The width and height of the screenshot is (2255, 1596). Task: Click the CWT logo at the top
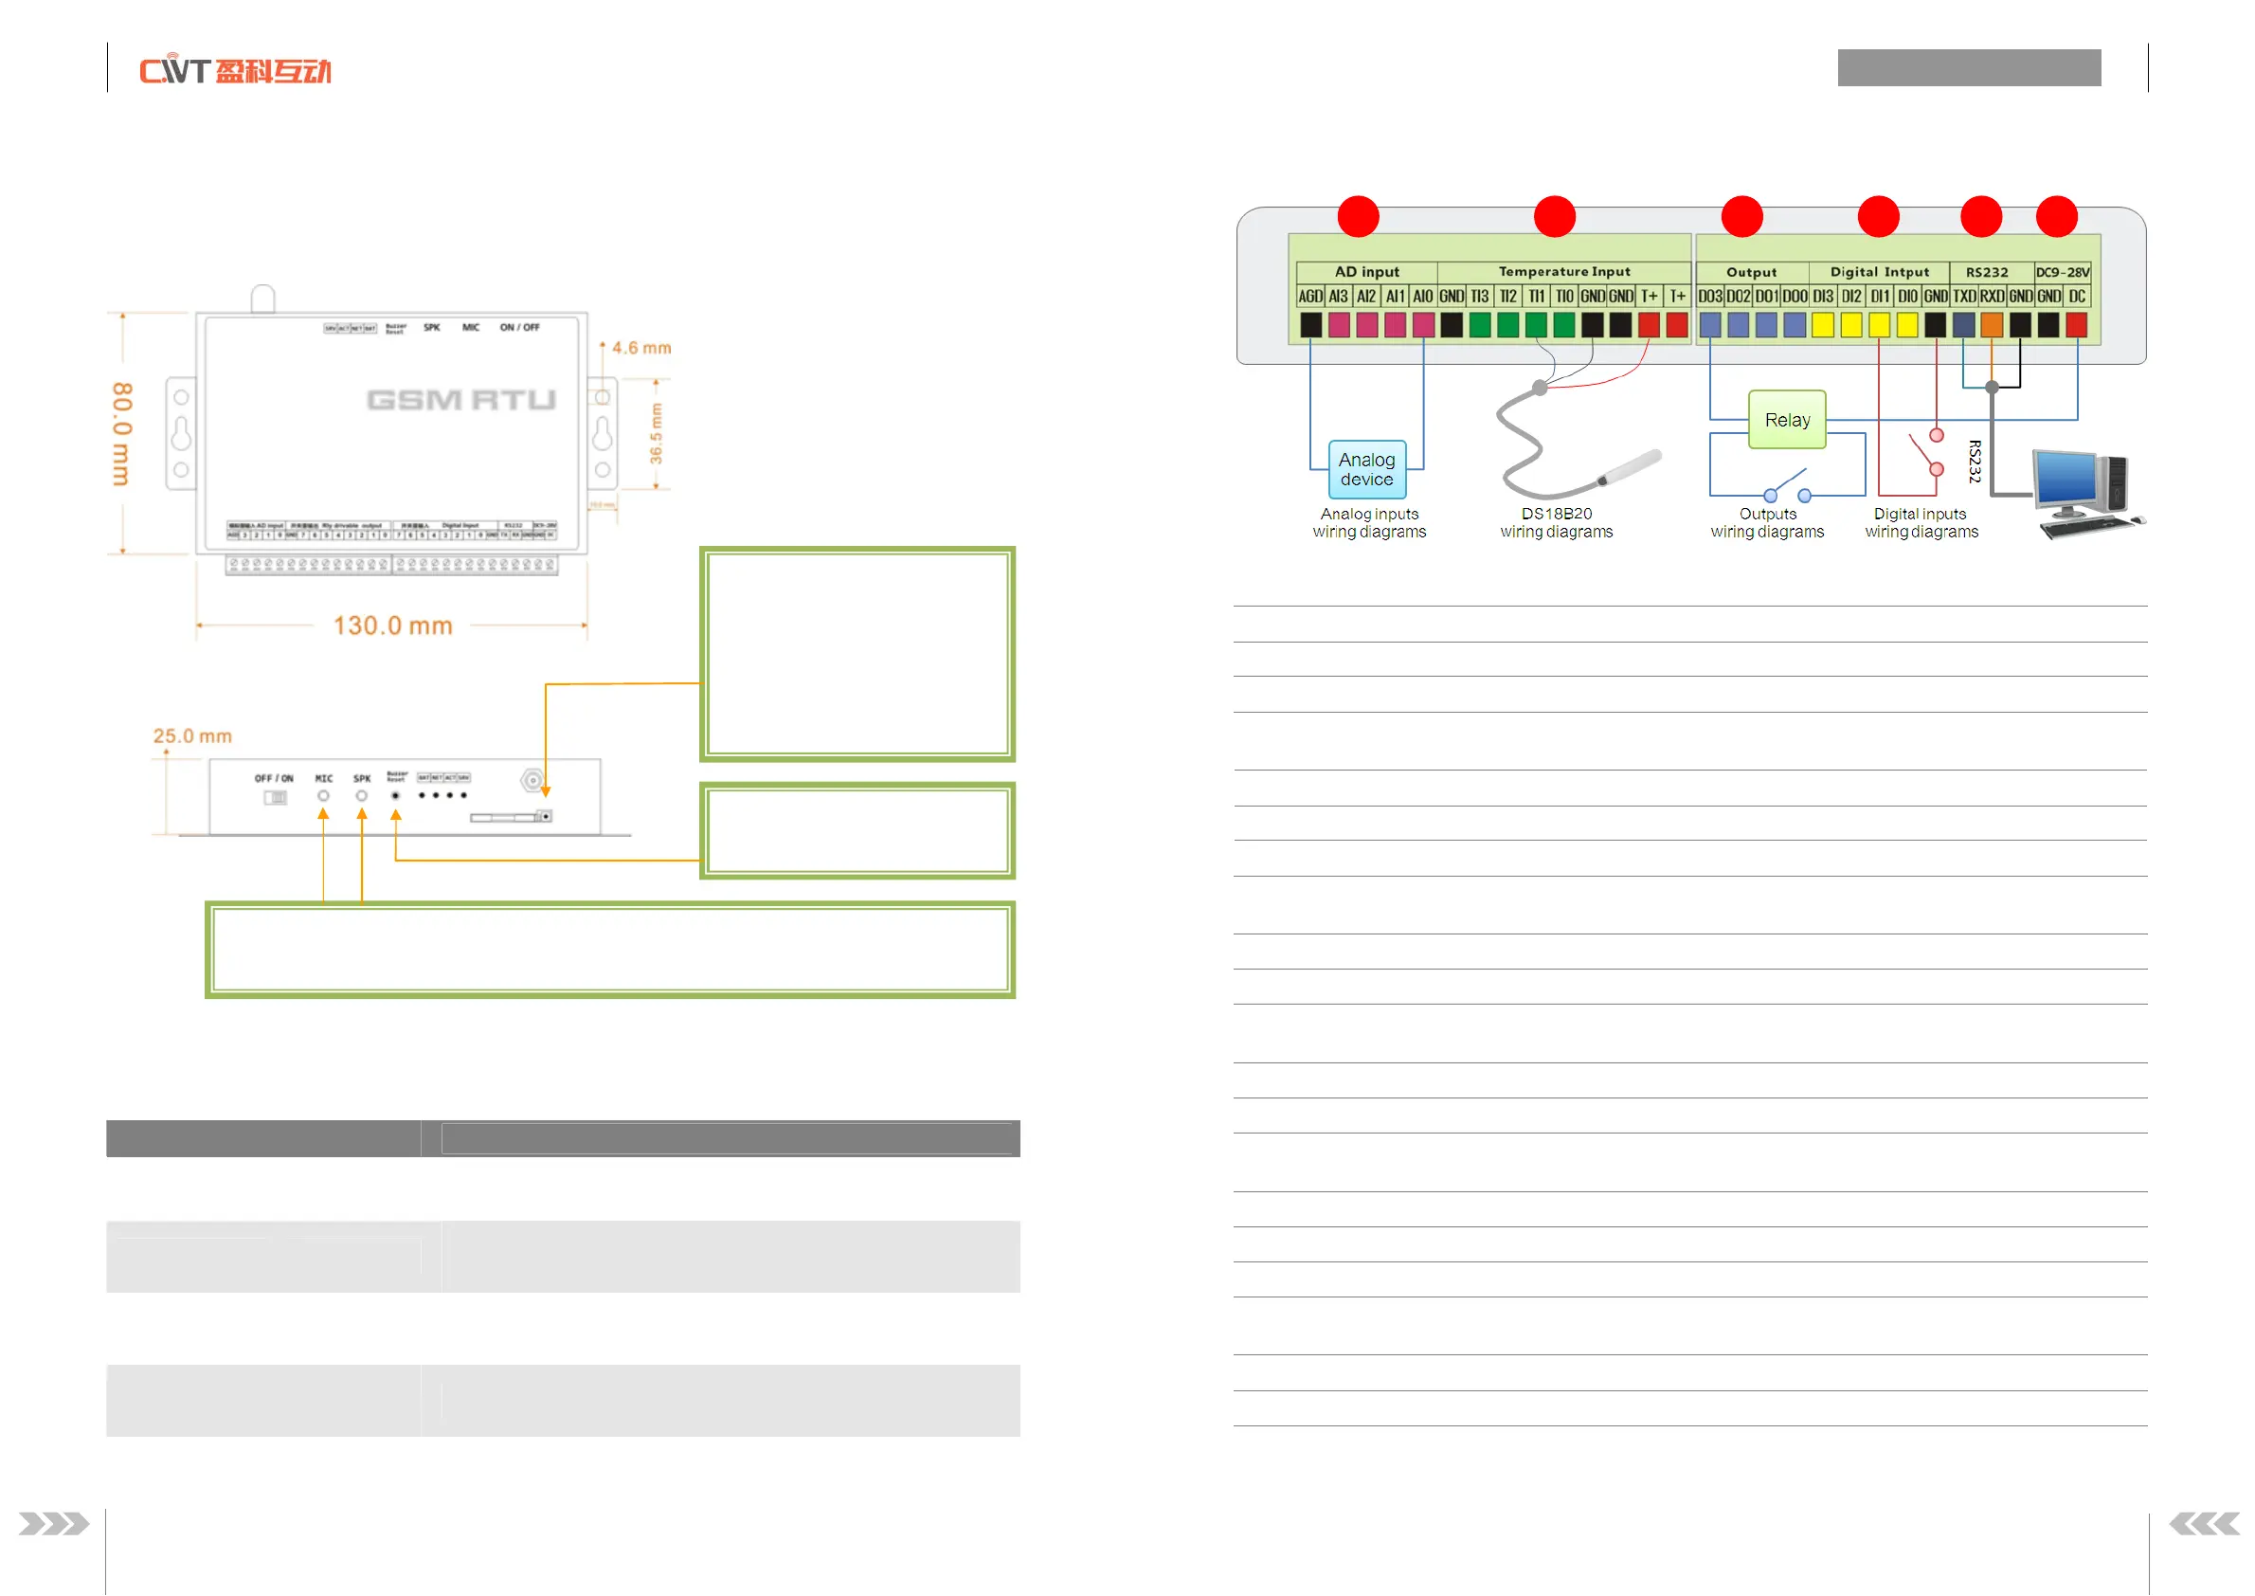tap(235, 71)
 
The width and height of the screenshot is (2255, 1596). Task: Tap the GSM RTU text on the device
tap(460, 400)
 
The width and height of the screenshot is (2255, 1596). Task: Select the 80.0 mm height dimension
tap(122, 433)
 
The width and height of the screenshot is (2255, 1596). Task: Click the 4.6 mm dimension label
tap(640, 348)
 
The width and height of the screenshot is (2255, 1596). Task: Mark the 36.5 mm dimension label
tap(656, 433)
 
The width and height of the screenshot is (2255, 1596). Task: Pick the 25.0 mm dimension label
tap(192, 736)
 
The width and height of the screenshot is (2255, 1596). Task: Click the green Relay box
tap(1786, 420)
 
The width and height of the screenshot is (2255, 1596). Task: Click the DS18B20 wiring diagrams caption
tap(1557, 523)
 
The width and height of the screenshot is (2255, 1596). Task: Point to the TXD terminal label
tap(1963, 297)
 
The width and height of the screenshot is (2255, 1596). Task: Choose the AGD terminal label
tap(1309, 297)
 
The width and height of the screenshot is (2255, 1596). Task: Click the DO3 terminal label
tap(1709, 297)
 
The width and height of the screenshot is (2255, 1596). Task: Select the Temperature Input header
tap(1563, 271)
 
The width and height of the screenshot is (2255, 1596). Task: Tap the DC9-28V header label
tap(2063, 272)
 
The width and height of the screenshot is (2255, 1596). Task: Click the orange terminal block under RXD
tap(1991, 325)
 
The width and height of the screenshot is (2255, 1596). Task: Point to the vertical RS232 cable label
tap(1974, 461)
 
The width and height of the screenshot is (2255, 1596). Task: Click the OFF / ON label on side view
tap(274, 778)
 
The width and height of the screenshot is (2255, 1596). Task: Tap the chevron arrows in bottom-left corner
tap(53, 1524)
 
